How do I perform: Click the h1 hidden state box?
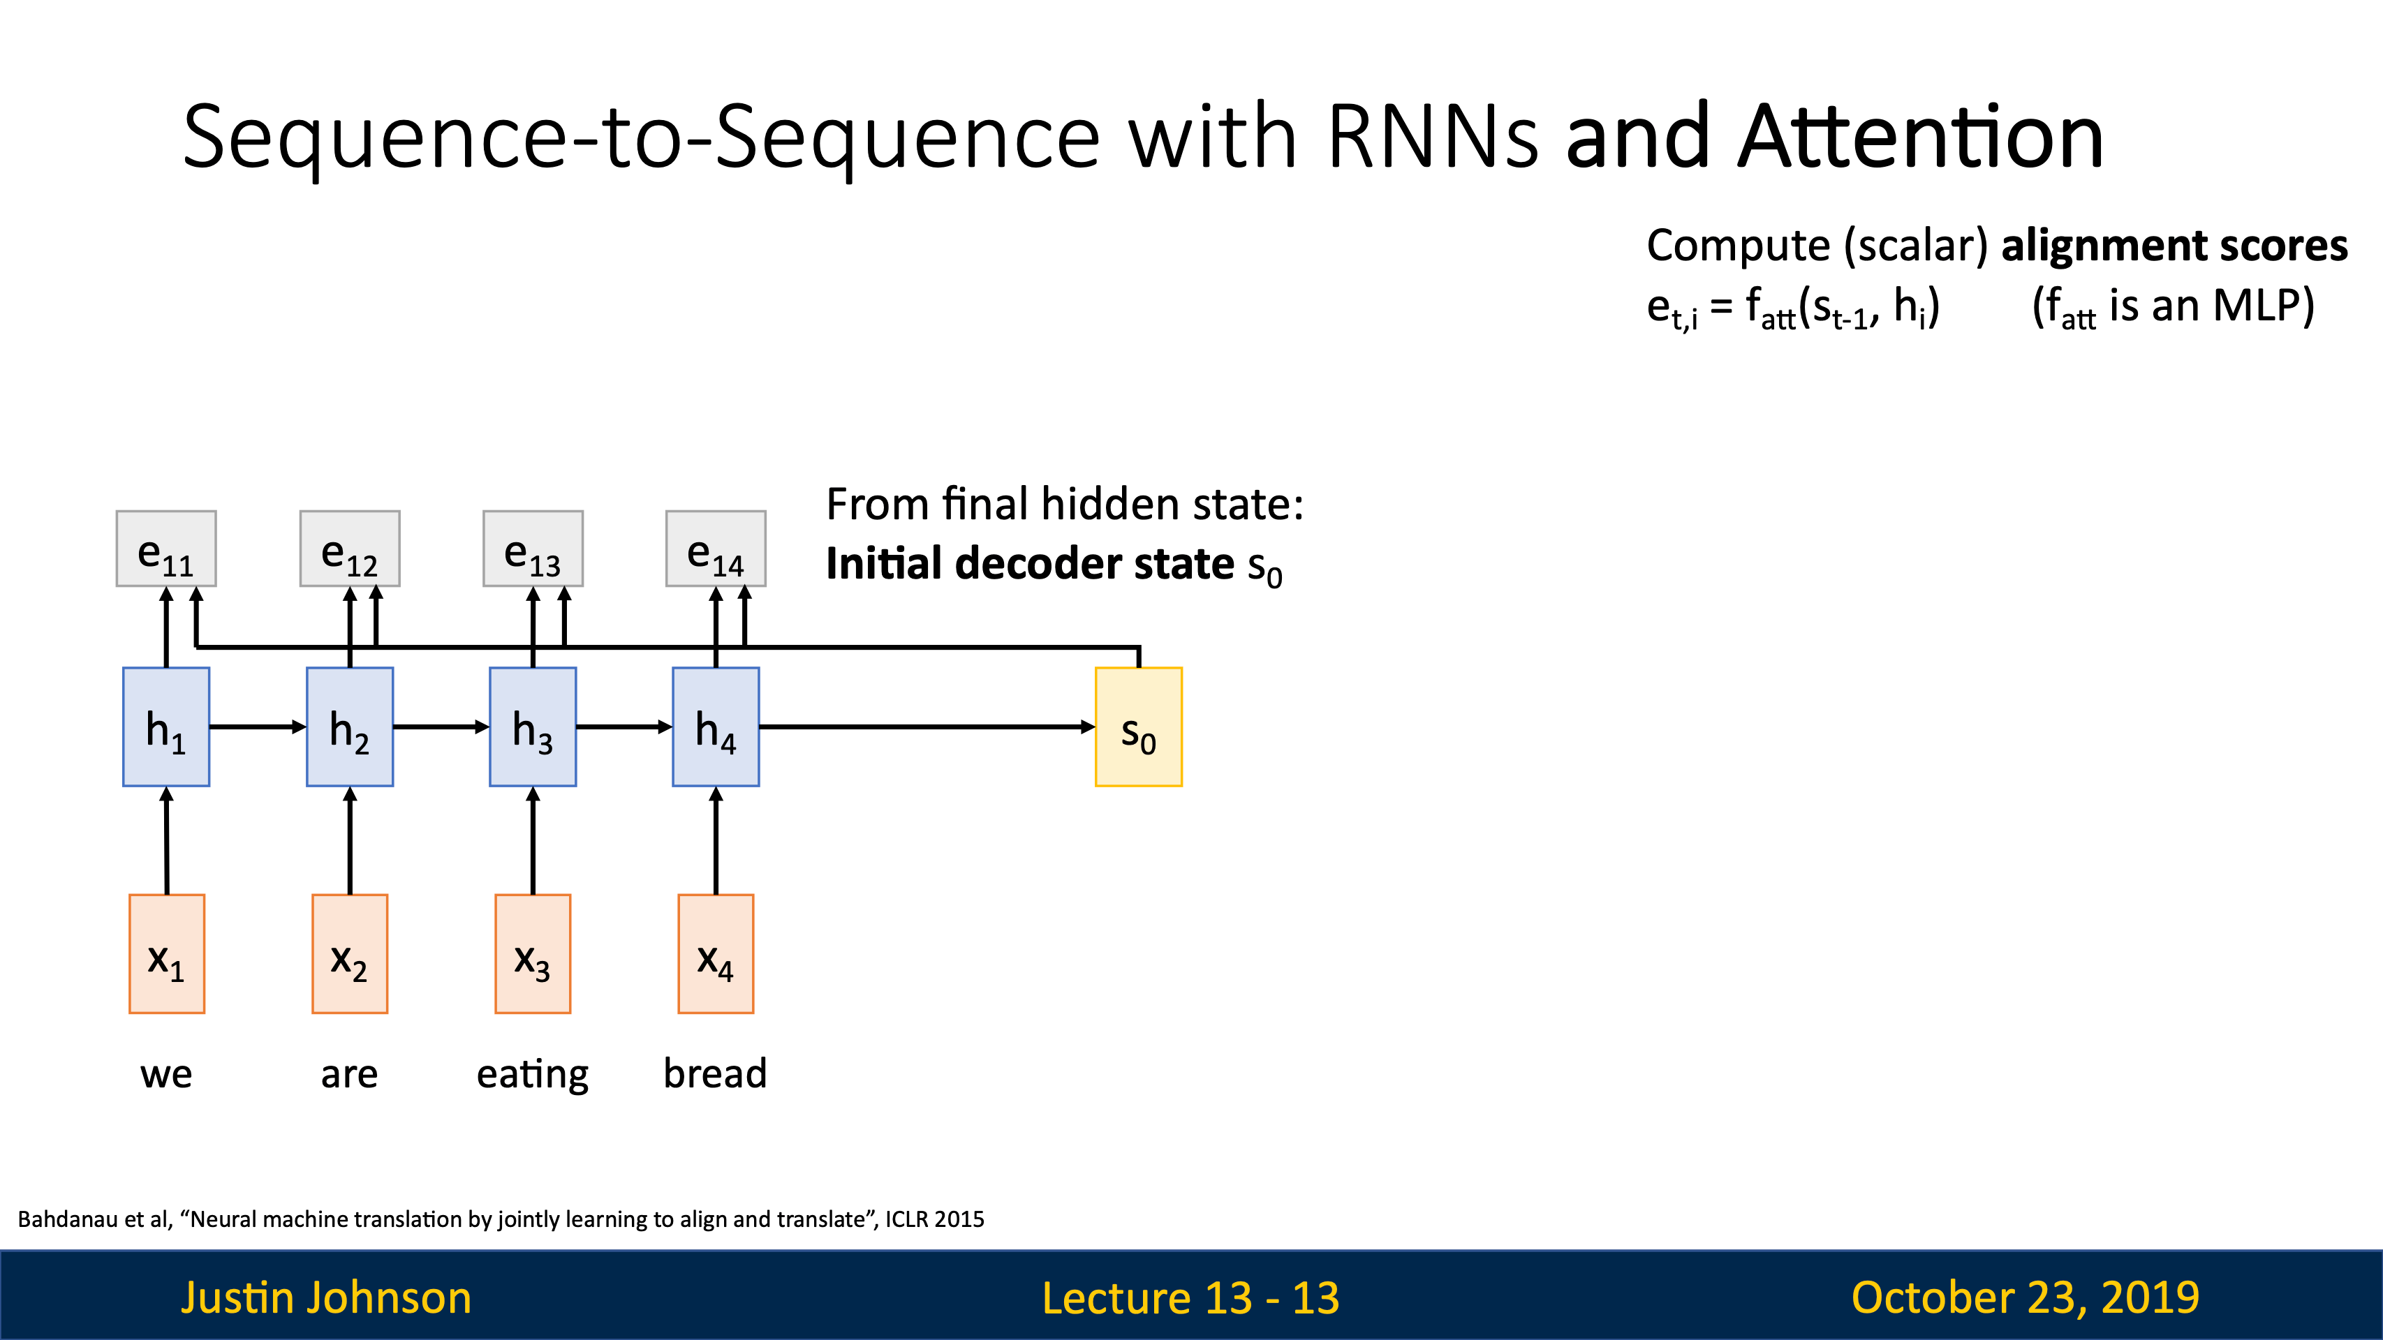(x=166, y=727)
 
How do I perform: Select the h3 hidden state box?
(x=533, y=727)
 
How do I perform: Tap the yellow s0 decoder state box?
(x=1139, y=727)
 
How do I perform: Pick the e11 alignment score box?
(x=166, y=549)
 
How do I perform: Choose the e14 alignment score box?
(x=716, y=549)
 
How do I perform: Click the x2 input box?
(x=350, y=953)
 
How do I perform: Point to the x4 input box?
(x=716, y=953)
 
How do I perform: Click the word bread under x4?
(x=715, y=1073)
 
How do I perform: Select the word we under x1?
(x=166, y=1076)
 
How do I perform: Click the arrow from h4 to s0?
(x=927, y=727)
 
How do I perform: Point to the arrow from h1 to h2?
(x=258, y=727)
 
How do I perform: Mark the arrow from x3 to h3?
(x=533, y=840)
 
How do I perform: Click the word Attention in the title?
(x=1921, y=137)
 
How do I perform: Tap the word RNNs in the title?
(x=1433, y=137)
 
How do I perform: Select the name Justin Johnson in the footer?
(x=327, y=1297)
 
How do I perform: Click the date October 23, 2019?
(x=2025, y=1297)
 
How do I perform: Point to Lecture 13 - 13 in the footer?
(x=1190, y=1297)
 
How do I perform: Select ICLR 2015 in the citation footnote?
(x=934, y=1219)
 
